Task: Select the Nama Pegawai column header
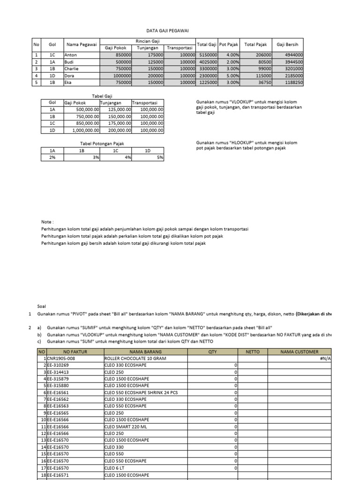coord(81,45)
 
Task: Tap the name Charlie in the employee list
coord(72,68)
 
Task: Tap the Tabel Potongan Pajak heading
coord(102,143)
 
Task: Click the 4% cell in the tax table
coord(128,157)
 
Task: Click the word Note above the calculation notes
coord(47,221)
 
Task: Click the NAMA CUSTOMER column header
coord(300,352)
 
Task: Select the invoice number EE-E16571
coord(59,475)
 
